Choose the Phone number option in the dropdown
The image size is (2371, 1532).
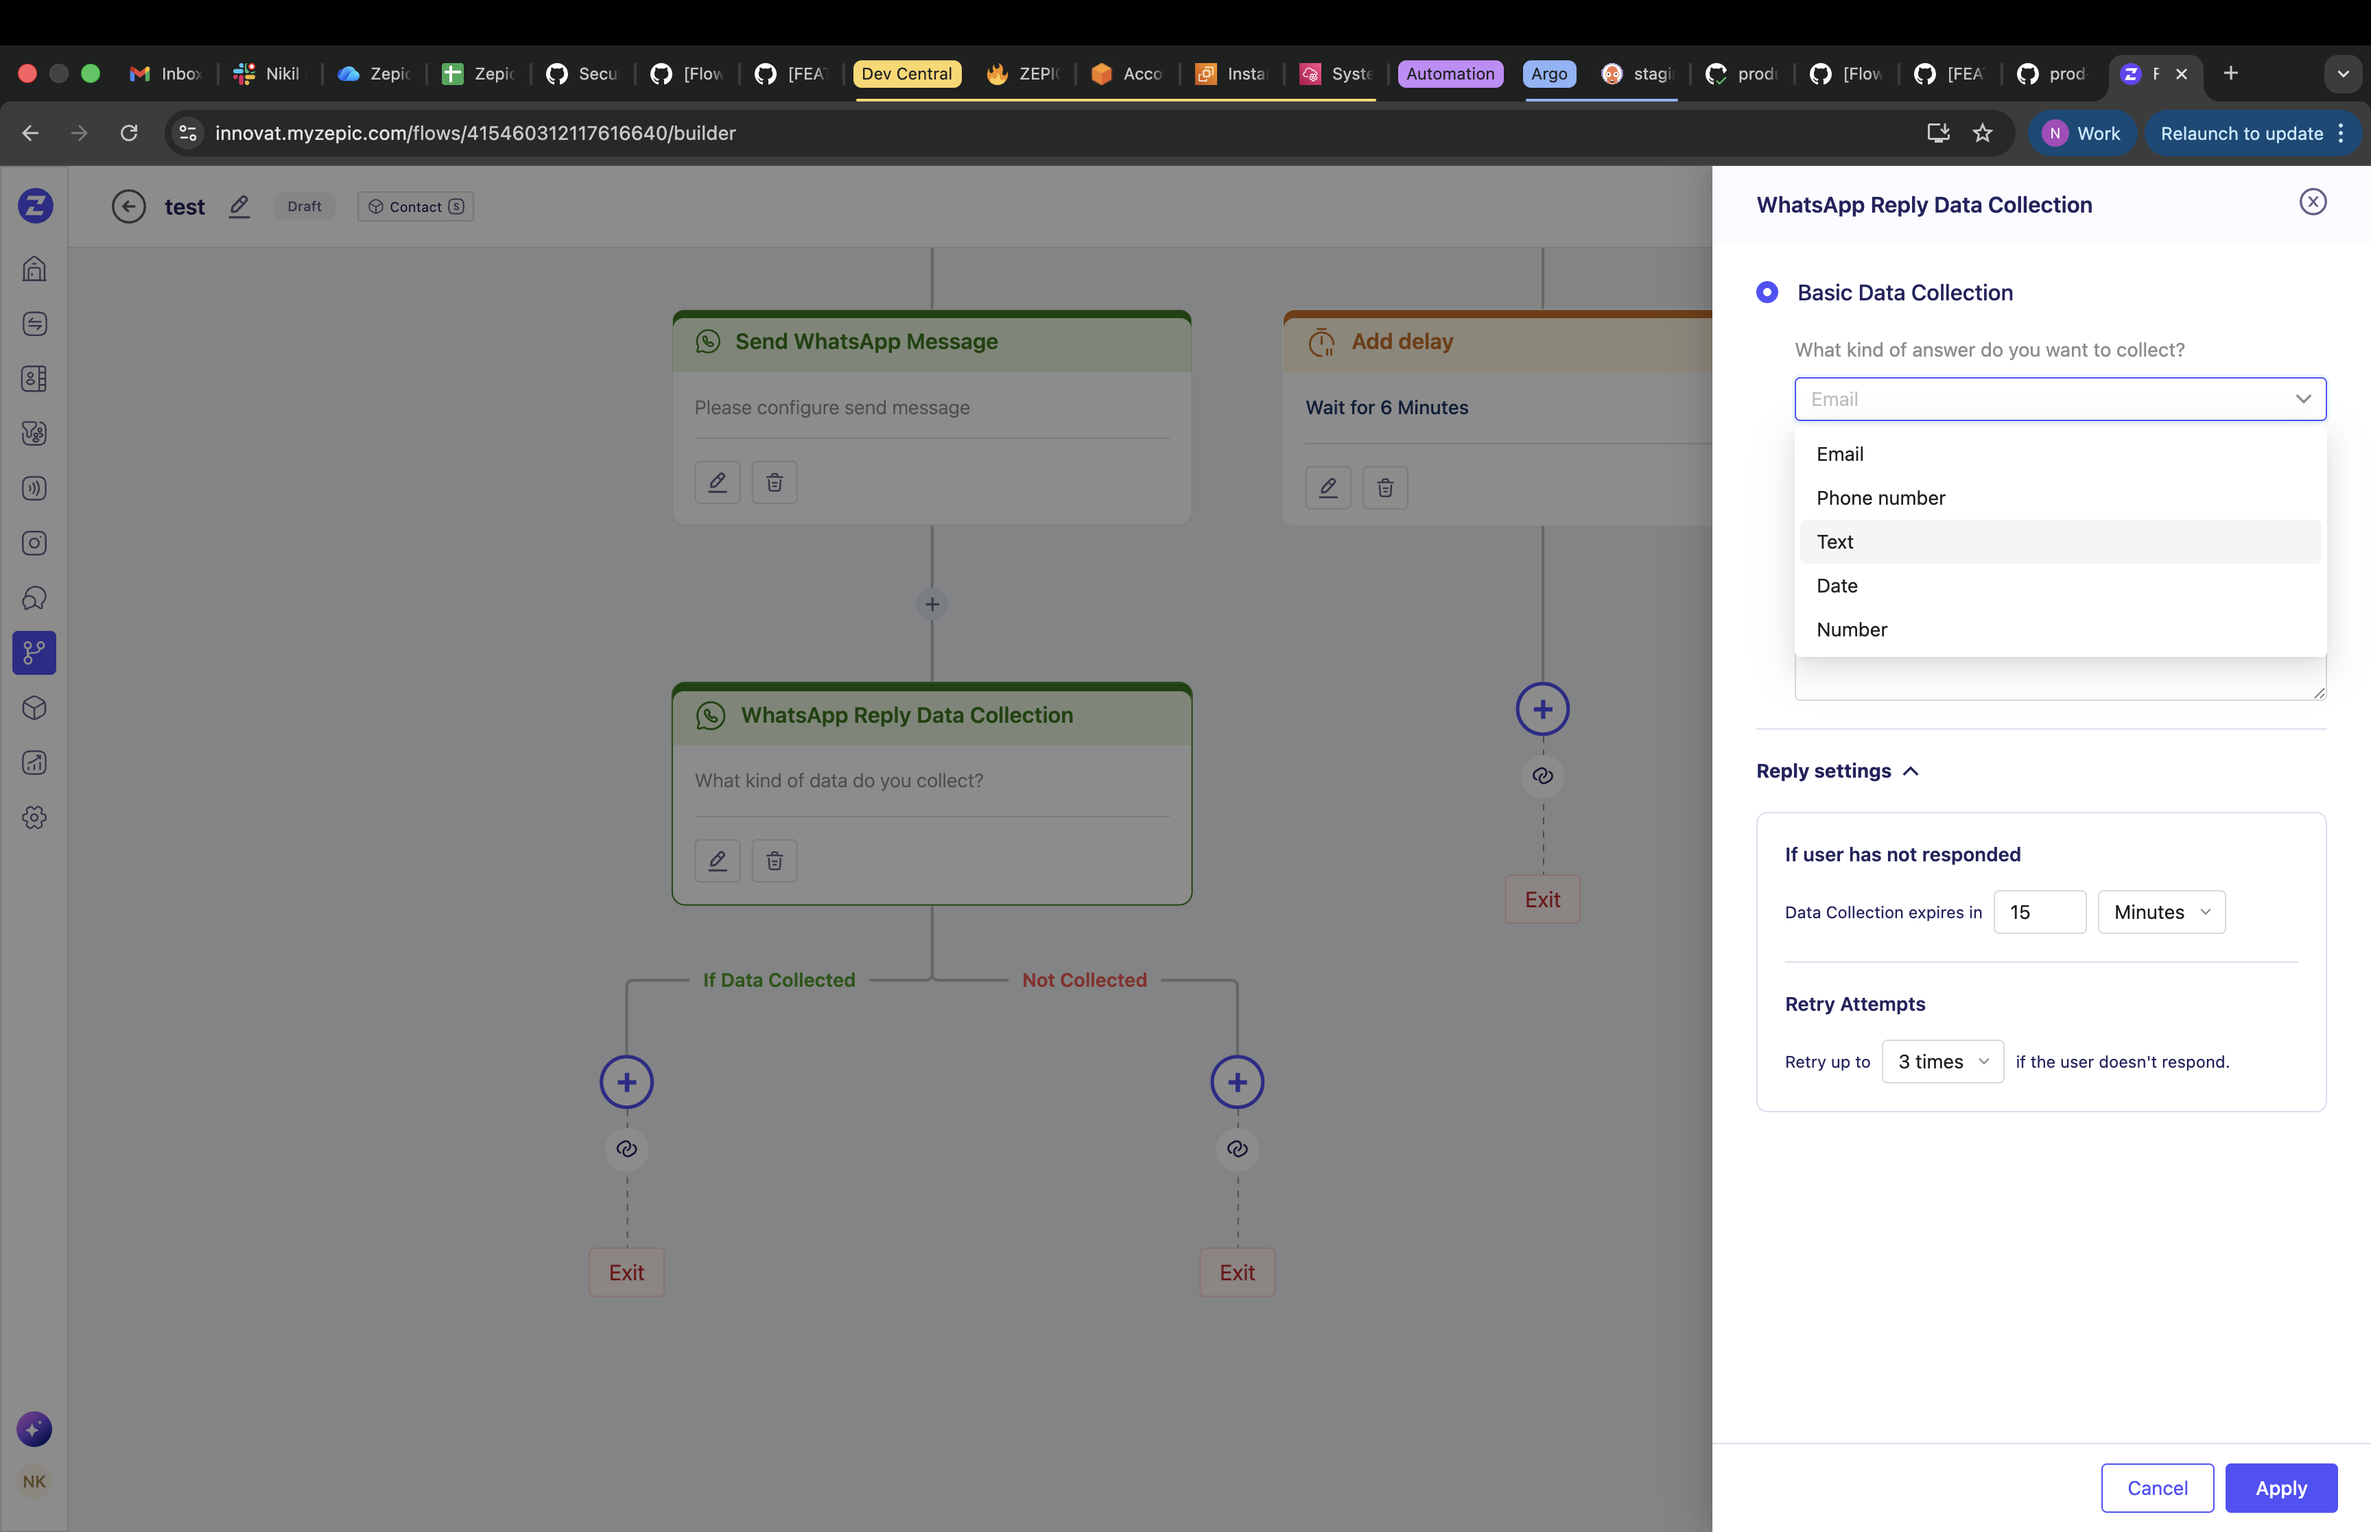pyautogui.click(x=1880, y=497)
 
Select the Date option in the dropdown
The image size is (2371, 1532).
pyautogui.click(x=1837, y=585)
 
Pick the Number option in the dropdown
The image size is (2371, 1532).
pyautogui.click(x=1851, y=629)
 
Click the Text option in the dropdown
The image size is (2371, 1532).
pyautogui.click(x=1835, y=541)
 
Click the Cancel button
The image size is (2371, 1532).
pyautogui.click(x=2157, y=1487)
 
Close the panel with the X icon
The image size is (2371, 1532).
pyautogui.click(x=2312, y=202)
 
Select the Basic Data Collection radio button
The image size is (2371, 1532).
pyautogui.click(x=1767, y=292)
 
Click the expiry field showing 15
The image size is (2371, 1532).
pyautogui.click(x=2039, y=911)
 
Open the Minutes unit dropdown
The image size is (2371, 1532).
pyautogui.click(x=2161, y=911)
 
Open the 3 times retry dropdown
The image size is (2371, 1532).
pyautogui.click(x=1942, y=1062)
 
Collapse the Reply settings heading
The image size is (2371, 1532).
pyautogui.click(x=1837, y=771)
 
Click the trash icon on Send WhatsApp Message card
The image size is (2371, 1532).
pyautogui.click(x=774, y=483)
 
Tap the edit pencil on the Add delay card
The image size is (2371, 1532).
pyautogui.click(x=1328, y=488)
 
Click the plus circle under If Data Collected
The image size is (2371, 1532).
pyautogui.click(x=626, y=1081)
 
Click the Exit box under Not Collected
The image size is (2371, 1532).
pyautogui.click(x=1237, y=1272)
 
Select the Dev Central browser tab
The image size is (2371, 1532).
pyautogui.click(x=906, y=73)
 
